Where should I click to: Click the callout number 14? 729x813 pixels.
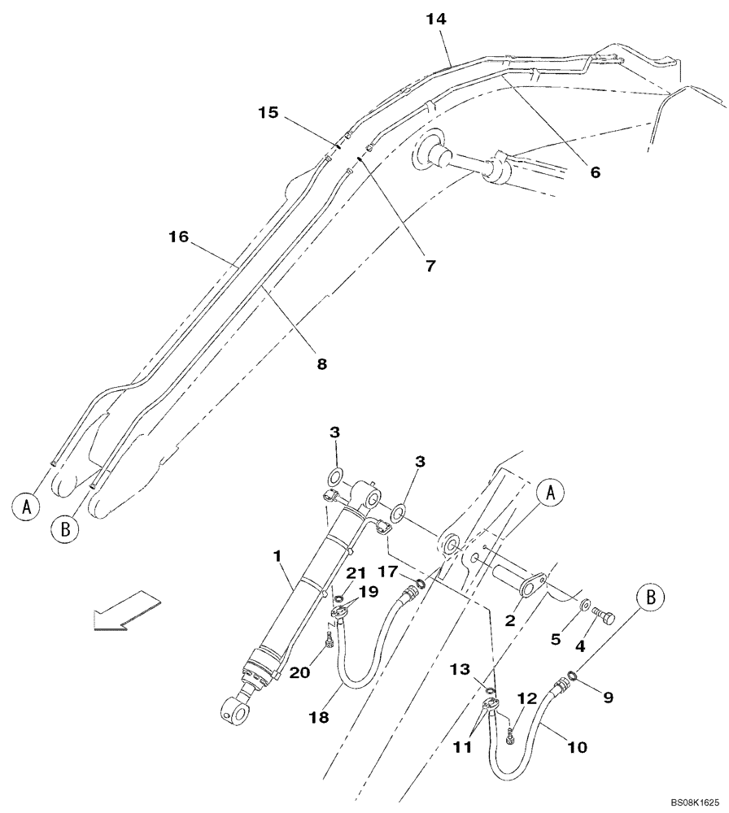pos(437,18)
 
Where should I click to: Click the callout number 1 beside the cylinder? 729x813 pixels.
pos(277,556)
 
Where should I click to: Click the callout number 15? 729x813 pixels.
pos(268,113)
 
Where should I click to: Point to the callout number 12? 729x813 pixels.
pos(527,698)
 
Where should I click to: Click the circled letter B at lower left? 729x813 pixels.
pos(65,530)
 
